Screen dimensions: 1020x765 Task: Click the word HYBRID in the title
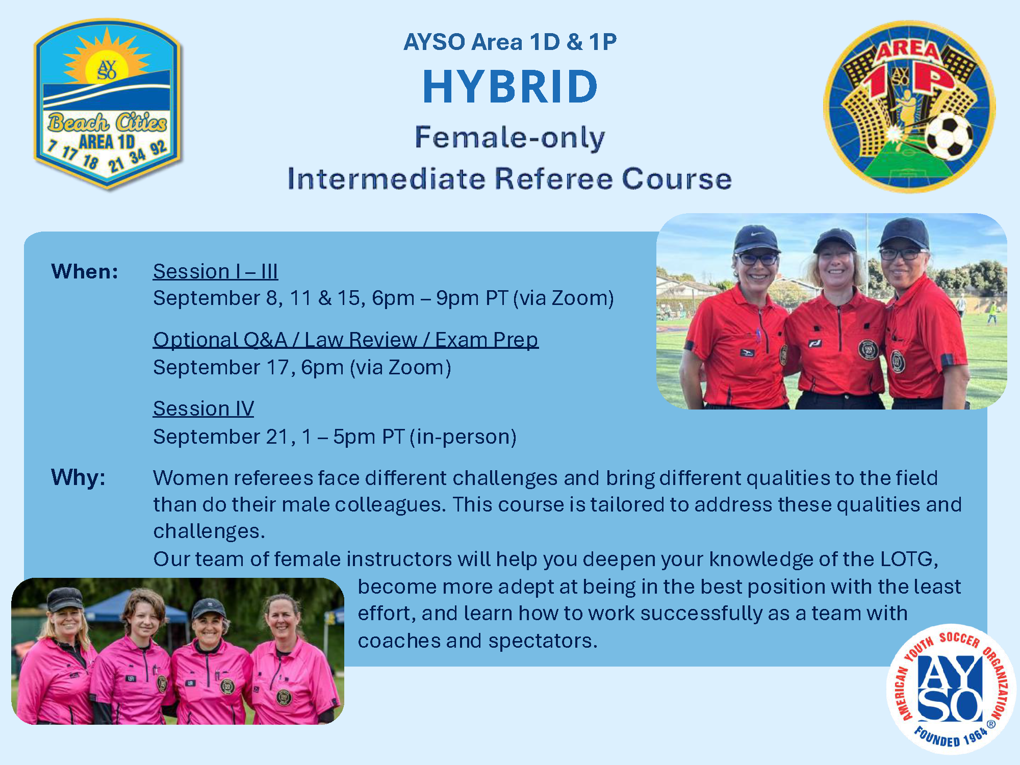pyautogui.click(x=510, y=87)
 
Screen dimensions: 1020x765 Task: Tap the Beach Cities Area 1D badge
pyautogui.click(x=107, y=105)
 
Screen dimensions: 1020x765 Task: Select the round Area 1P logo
pyautogui.click(x=909, y=107)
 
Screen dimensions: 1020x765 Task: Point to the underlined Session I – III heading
pyautogui.click(x=215, y=271)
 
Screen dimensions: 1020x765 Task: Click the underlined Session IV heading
pyautogui.click(x=203, y=409)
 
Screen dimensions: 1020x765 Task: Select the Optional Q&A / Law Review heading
pyautogui.click(x=346, y=340)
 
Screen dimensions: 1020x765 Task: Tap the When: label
pyautogui.click(x=85, y=271)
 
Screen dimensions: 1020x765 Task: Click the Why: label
pyautogui.click(x=78, y=477)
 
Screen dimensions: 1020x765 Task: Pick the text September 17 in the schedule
pyautogui.click(x=222, y=367)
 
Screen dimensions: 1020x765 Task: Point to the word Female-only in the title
pyautogui.click(x=510, y=138)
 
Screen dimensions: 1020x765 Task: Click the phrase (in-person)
pyautogui.click(x=463, y=437)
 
